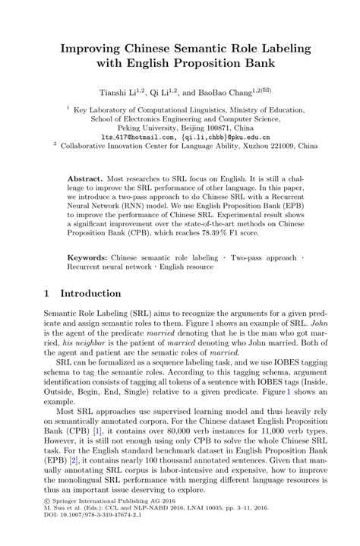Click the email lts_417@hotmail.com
[128, 137]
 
